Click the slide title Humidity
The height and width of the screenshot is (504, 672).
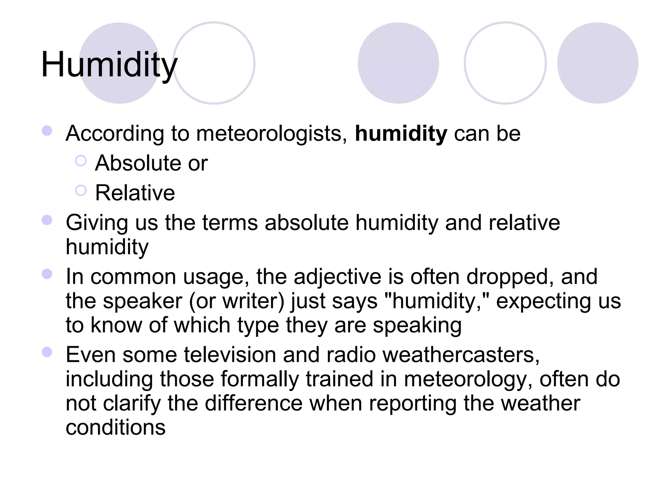109,65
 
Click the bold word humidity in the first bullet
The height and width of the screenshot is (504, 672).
401,134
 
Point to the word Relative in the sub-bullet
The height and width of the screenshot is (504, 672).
135,193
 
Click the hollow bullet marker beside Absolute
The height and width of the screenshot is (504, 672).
81,161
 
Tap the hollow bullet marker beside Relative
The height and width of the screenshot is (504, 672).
81,190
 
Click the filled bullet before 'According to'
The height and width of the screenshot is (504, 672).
47,131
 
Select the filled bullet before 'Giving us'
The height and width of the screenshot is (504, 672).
47,220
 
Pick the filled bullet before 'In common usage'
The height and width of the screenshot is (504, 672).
47,274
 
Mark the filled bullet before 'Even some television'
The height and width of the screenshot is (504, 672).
47,352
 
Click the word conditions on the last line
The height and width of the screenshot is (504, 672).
115,427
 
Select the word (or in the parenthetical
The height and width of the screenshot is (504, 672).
202,301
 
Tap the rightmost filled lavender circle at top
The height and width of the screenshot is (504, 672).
598,63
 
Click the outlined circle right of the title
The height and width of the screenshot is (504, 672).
214,63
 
